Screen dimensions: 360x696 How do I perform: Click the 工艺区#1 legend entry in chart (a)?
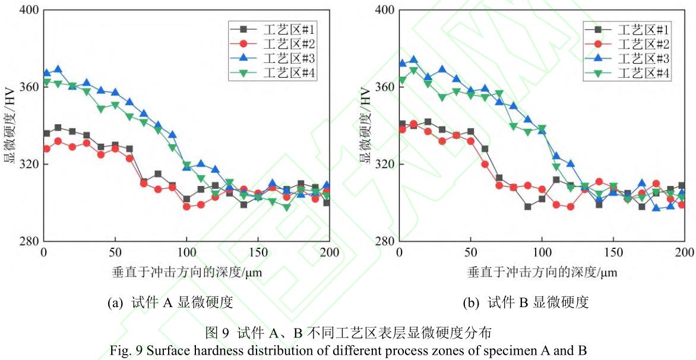coord(288,29)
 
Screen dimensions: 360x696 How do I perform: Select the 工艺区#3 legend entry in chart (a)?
coord(288,58)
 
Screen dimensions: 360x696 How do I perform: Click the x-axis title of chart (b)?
coord(542,273)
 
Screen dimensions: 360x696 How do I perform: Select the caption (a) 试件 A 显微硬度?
coord(170,303)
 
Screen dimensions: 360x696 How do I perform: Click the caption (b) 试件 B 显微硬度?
coord(526,303)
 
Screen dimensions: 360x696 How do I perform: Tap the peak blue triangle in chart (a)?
coord(58,70)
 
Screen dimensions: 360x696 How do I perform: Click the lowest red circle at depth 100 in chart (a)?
coord(186,207)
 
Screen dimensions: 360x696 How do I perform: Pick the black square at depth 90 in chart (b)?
coord(528,207)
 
